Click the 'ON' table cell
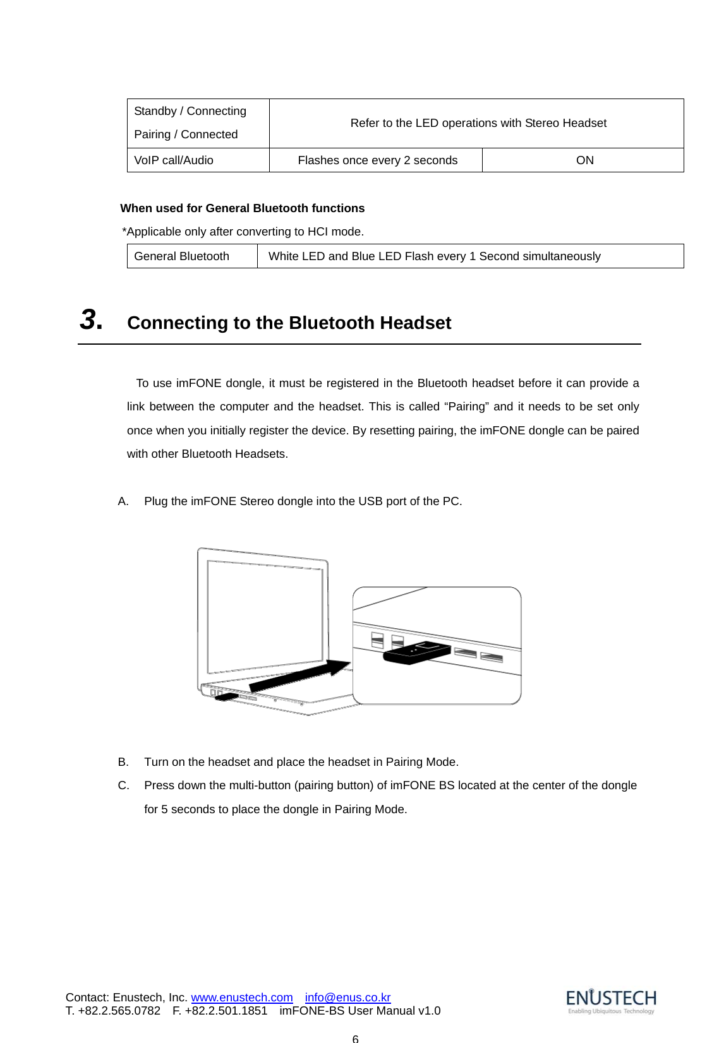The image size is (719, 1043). pyautogui.click(x=584, y=160)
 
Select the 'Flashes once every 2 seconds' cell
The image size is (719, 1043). pyautogui.click(x=377, y=160)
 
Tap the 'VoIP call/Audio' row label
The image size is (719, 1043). pyautogui.click(x=174, y=160)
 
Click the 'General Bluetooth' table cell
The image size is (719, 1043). pyautogui.click(x=182, y=256)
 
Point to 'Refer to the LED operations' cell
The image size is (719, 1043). pyautogui.click(x=478, y=123)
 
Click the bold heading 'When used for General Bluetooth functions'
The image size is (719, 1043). pyautogui.click(x=242, y=208)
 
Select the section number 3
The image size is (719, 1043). pyautogui.click(x=91, y=320)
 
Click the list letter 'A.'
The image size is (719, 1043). pyautogui.click(x=123, y=501)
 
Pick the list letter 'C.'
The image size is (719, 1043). pyautogui.click(x=124, y=785)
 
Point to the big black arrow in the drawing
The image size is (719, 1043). pyautogui.click(x=300, y=676)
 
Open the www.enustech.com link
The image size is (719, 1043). pyautogui.click(x=242, y=998)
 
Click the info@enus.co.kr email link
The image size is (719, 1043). pyautogui.click(x=347, y=998)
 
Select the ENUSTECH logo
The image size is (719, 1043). pyautogui.click(x=611, y=1001)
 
